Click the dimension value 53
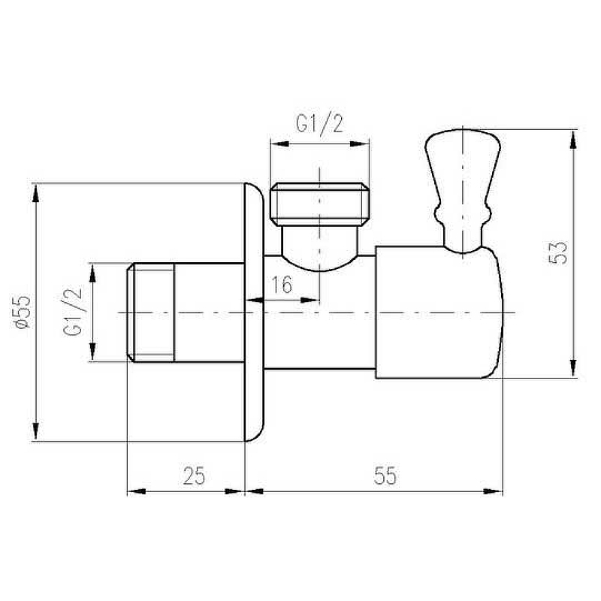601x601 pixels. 558,252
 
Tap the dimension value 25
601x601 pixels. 194,476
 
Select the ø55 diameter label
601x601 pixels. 22,312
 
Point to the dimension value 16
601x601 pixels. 282,285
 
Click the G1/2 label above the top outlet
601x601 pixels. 320,123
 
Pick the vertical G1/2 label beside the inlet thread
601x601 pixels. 72,312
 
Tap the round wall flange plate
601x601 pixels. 254,313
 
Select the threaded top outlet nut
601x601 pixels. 320,204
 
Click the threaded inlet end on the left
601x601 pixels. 151,313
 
